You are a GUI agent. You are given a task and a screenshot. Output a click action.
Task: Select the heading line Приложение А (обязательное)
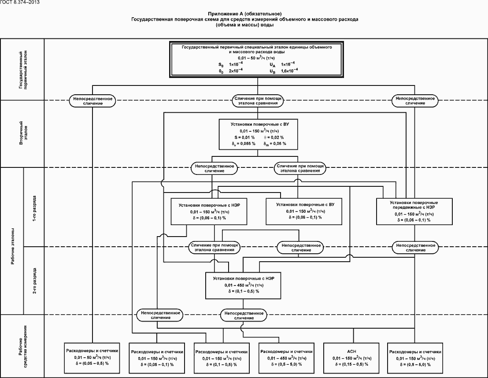click(244, 14)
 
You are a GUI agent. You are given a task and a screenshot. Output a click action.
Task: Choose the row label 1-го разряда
click(35, 207)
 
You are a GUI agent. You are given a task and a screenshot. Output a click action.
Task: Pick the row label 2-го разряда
click(35, 281)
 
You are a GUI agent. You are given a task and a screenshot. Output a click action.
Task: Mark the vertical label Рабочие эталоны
click(12, 247)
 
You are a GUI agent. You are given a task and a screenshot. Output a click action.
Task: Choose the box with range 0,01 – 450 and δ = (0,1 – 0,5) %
click(244, 285)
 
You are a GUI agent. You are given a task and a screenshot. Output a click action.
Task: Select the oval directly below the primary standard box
click(258, 100)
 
